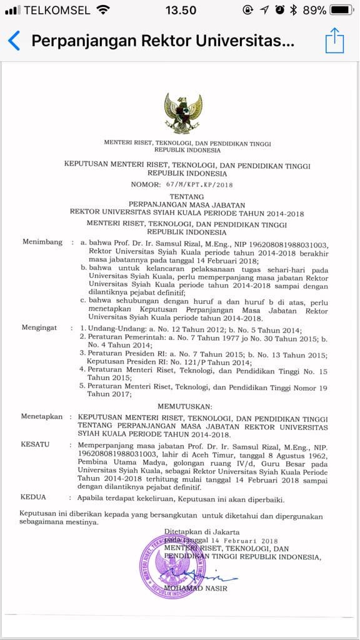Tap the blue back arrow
pos(14,41)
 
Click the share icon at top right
pos(335,41)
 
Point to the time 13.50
pos(181,11)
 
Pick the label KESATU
pos(34,444)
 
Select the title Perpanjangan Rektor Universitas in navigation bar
pos(162,41)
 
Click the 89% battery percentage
pos(314,11)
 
